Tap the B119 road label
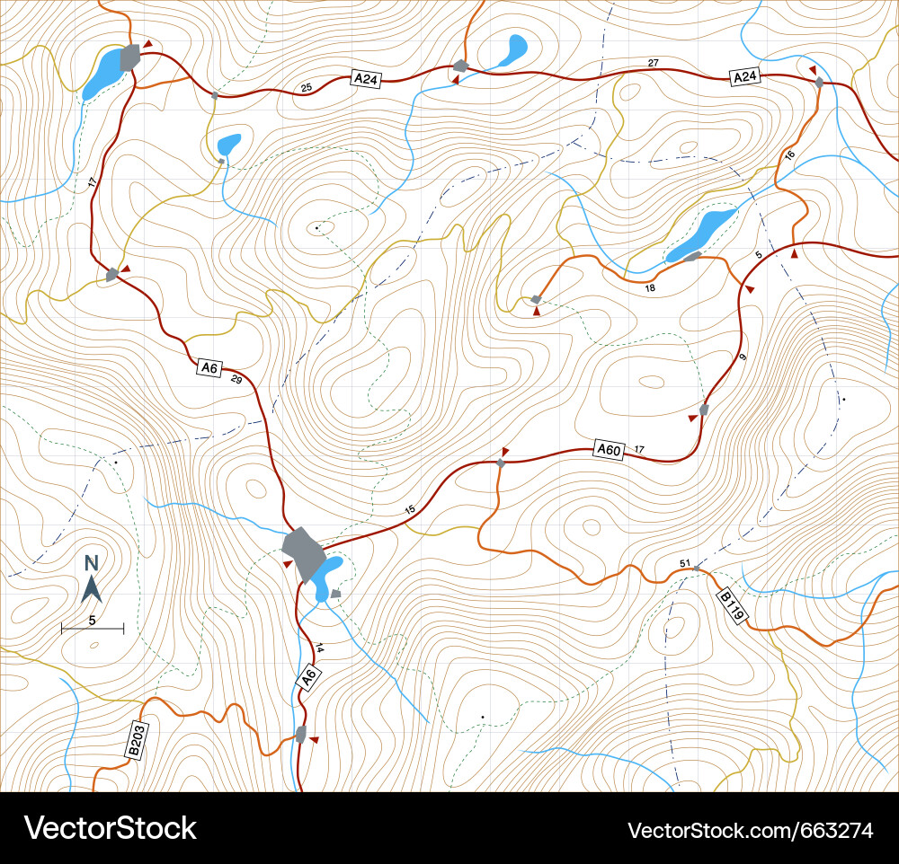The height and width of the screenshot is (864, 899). coord(732,606)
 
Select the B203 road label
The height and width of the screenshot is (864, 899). coord(137,739)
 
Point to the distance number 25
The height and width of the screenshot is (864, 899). coord(307,87)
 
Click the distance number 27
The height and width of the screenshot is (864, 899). coord(654,63)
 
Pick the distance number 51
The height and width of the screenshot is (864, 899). coord(685,563)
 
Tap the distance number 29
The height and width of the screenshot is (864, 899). coord(236,380)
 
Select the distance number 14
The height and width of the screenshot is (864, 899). coord(319,648)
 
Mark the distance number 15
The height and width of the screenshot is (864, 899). coord(410,510)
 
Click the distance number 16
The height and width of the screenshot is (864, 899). coord(790,155)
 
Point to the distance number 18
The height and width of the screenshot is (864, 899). coord(650,288)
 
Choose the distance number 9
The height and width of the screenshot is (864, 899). coord(743,358)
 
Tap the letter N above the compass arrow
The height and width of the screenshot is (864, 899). coord(91,564)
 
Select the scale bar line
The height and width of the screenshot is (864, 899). coord(93,629)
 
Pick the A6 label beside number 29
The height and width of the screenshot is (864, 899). coord(209,366)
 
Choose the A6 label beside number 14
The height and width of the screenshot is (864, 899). coord(308,677)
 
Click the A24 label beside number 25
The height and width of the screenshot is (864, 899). coord(366,79)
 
